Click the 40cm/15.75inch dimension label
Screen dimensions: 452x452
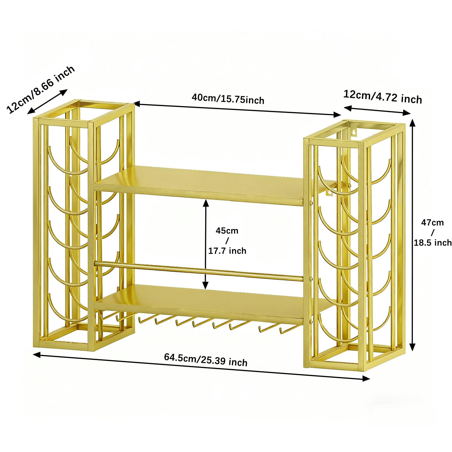click(228, 99)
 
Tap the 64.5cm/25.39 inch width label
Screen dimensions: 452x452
click(206, 359)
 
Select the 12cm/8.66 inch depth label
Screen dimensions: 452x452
click(40, 89)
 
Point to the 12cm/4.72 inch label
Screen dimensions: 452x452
click(383, 97)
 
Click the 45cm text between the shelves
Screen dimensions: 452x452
click(227, 231)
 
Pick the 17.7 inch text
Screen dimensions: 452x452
click(227, 251)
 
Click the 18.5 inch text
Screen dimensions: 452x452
click(433, 243)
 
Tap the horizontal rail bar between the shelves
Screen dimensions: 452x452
click(199, 271)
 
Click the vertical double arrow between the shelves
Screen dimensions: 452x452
click(206, 244)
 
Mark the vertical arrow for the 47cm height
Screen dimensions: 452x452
click(413, 235)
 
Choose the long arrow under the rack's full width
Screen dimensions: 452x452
click(201, 366)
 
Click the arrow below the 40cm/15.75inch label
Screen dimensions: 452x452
click(237, 109)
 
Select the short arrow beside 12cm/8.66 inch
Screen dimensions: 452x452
click(48, 102)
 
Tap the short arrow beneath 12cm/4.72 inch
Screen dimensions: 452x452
click(377, 110)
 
